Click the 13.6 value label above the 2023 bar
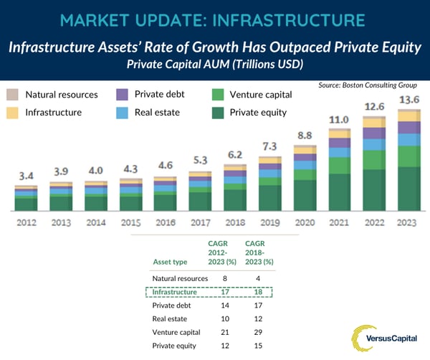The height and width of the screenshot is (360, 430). pyautogui.click(x=408, y=99)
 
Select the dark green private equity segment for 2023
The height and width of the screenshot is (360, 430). pyautogui.click(x=408, y=189)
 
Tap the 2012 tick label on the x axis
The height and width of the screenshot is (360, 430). pyautogui.click(x=26, y=222)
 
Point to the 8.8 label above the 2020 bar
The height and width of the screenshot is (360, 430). pyautogui.click(x=305, y=134)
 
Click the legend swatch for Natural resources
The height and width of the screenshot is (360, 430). pyautogui.click(x=12, y=95)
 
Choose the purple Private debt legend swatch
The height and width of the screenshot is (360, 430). pyautogui.click(x=121, y=95)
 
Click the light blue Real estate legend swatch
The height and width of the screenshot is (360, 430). pyautogui.click(x=121, y=113)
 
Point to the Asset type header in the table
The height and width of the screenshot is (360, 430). pyautogui.click(x=170, y=262)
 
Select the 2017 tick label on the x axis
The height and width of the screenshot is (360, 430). pyautogui.click(x=200, y=222)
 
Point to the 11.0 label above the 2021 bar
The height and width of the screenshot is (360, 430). pyautogui.click(x=339, y=120)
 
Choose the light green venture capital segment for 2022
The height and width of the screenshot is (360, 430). pyautogui.click(x=373, y=159)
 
